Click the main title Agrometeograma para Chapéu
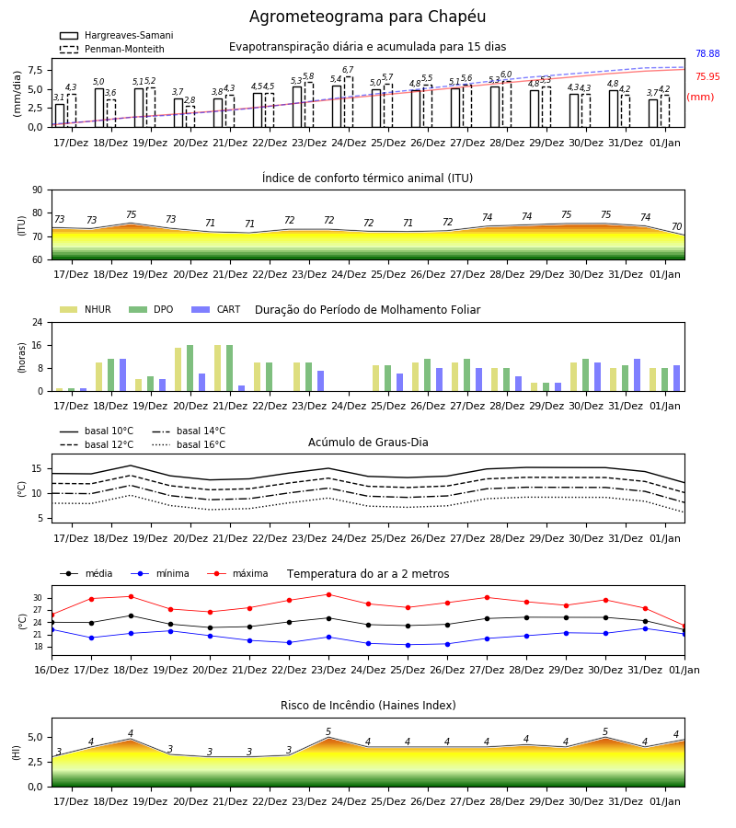pos(367,17)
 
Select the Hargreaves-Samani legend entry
pos(117,35)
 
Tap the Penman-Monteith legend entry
pos(112,49)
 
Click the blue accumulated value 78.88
pos(707,53)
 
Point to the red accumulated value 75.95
pos(707,76)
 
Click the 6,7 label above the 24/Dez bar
pos(348,70)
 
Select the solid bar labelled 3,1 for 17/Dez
pos(60,116)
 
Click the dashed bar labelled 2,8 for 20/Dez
pos(190,117)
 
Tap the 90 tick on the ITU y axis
pos(38,190)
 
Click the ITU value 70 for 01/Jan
pos(676,226)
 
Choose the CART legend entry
pos(216,309)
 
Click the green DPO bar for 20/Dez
pos(190,368)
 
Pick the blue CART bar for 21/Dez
pos(242,388)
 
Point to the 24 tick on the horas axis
pos(38,322)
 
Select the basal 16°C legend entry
pos(189,445)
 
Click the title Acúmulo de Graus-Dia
pos(368,443)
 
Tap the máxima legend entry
pos(237,573)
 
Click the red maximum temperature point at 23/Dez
pos(329,594)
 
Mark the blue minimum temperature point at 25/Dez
pos(408,645)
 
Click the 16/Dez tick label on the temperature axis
pos(52,670)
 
